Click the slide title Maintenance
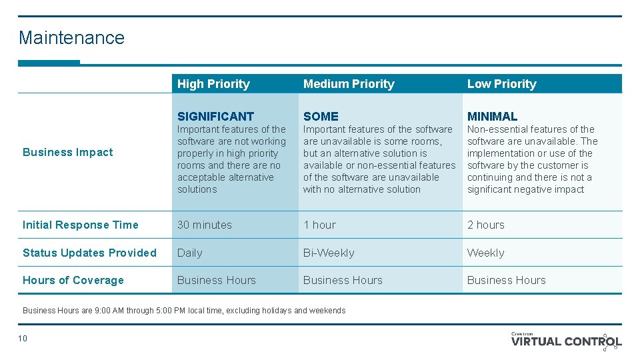pos(71,37)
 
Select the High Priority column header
pos(213,84)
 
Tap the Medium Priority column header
pos(349,84)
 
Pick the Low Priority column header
pos(501,84)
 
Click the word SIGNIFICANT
pos(215,116)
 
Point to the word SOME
pos(321,116)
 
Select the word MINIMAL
pos(492,116)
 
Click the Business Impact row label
pos(68,152)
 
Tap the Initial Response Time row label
pos(81,225)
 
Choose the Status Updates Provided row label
pos(89,253)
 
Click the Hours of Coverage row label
pos(73,280)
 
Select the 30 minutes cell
pos(205,225)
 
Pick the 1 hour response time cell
pos(319,225)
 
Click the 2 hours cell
pos(486,225)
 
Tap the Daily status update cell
pos(190,253)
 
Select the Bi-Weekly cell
pos(329,253)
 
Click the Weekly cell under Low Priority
pos(485,253)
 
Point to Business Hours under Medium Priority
pos(343,280)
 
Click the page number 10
pos(23,339)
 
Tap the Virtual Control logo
pos(567,341)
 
